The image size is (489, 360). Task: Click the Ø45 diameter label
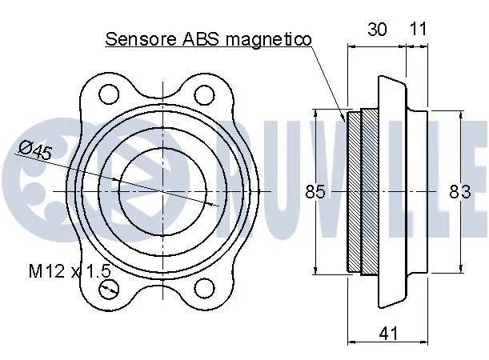tap(34, 150)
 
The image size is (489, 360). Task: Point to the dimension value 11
tap(418, 29)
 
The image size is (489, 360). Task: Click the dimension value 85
tap(315, 192)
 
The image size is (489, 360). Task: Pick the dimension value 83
tap(459, 192)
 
